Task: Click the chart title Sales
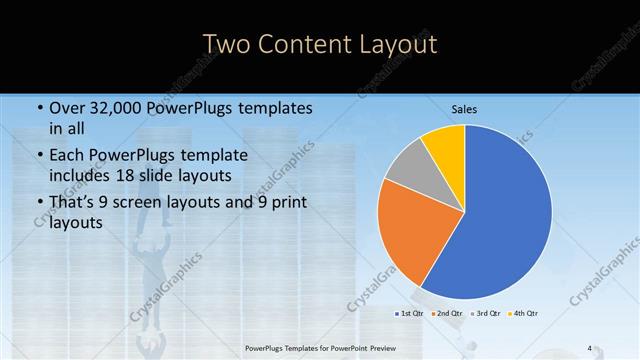[x=464, y=108]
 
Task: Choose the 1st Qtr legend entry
[x=407, y=314]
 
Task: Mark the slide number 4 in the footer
[x=590, y=348]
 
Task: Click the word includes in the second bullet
[x=80, y=175]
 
